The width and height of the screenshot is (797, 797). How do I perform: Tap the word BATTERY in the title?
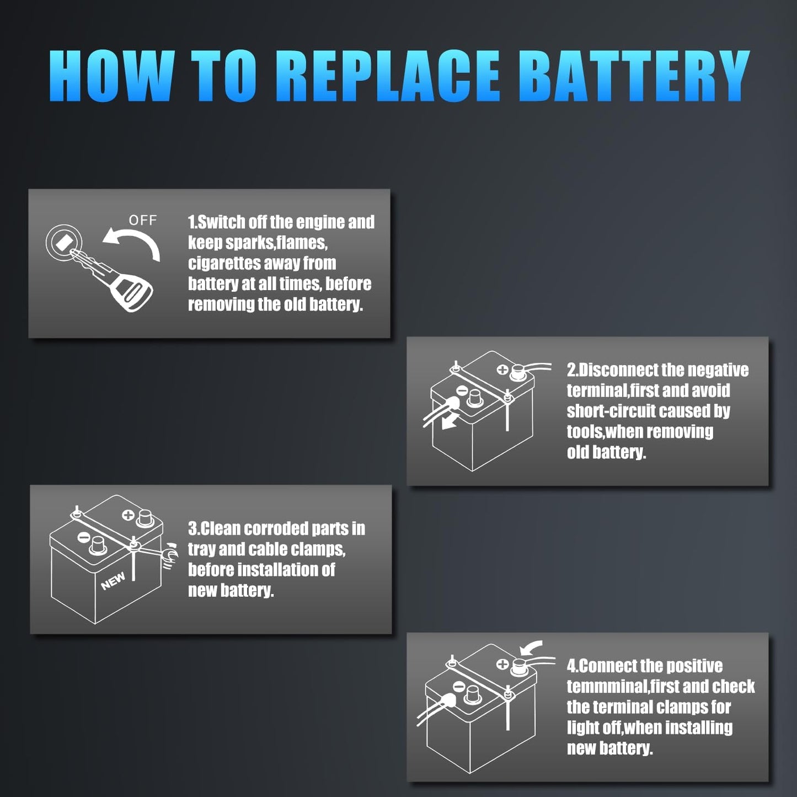634,76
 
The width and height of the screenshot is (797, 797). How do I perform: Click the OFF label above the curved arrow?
143,221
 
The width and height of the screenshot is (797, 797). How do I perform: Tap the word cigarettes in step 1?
226,263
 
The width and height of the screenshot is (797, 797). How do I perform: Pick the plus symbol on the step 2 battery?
502,370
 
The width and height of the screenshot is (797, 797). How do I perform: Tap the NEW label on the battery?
113,581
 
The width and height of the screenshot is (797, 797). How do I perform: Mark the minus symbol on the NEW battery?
84,535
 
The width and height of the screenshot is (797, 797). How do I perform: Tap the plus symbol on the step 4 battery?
502,664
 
